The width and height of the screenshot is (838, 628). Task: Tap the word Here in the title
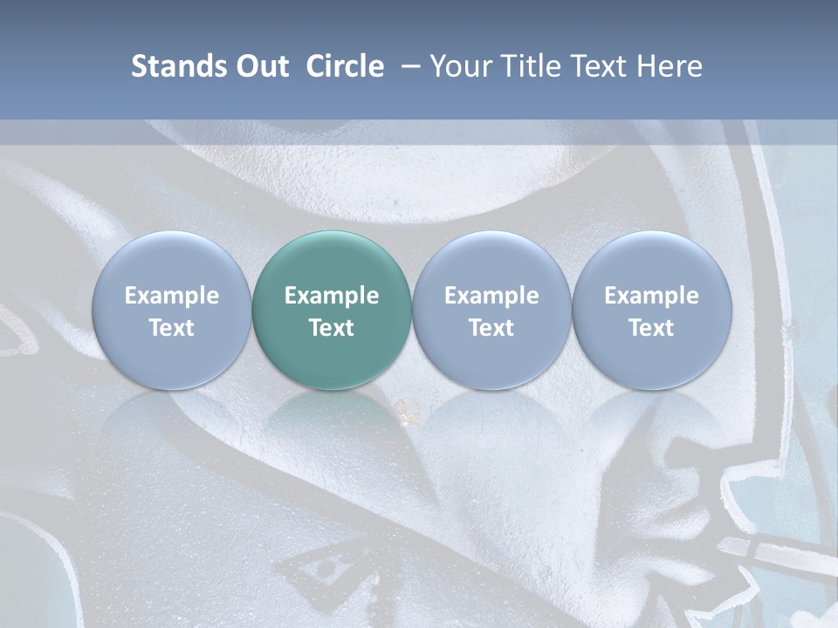coord(670,66)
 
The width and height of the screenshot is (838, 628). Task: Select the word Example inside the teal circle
coord(332,296)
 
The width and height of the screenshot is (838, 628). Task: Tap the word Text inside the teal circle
coord(332,328)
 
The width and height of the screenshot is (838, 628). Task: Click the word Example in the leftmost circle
coord(171,296)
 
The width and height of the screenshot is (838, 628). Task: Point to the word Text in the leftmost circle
coord(171,328)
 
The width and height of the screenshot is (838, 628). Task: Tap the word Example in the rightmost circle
coord(652,296)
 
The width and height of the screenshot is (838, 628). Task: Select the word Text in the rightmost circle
coord(652,328)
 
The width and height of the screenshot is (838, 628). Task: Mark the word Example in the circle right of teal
coord(491,296)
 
